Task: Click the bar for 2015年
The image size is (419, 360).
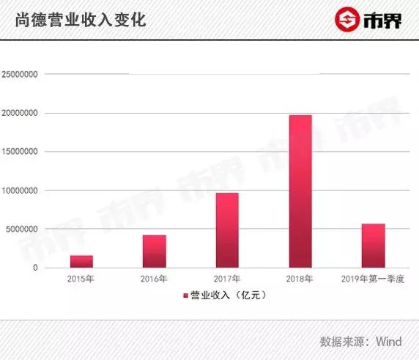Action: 81,262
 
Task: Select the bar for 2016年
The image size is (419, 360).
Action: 154,251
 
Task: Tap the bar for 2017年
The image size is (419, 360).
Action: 227,230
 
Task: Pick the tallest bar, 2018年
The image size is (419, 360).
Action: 300,191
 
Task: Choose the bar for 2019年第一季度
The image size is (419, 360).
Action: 373,246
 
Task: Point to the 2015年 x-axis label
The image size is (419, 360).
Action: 81,279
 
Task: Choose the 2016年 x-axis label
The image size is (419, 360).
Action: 154,279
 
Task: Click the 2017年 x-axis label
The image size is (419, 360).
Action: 227,279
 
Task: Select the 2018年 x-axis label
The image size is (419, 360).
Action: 300,279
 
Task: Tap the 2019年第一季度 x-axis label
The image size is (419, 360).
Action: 373,279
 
